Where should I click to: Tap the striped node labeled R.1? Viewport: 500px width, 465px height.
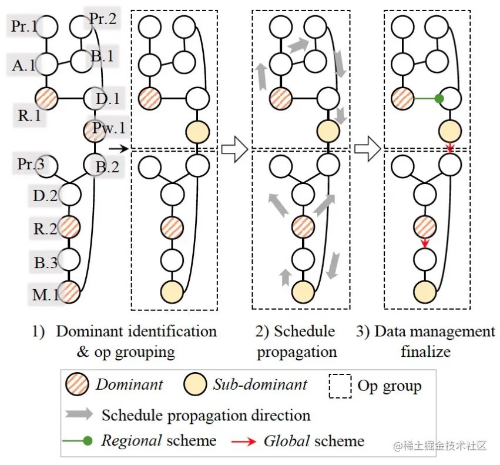46,98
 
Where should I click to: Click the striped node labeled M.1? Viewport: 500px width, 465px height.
69,292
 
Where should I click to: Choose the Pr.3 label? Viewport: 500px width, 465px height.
31,164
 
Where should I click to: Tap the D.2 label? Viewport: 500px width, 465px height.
44,195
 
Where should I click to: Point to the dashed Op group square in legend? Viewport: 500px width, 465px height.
340,386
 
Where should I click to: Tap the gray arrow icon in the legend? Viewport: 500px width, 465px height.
80,414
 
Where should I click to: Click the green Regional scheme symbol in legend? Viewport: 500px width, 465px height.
80,441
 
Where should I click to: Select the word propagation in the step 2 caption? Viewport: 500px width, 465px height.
297,352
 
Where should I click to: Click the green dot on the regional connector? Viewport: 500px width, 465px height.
438,99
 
